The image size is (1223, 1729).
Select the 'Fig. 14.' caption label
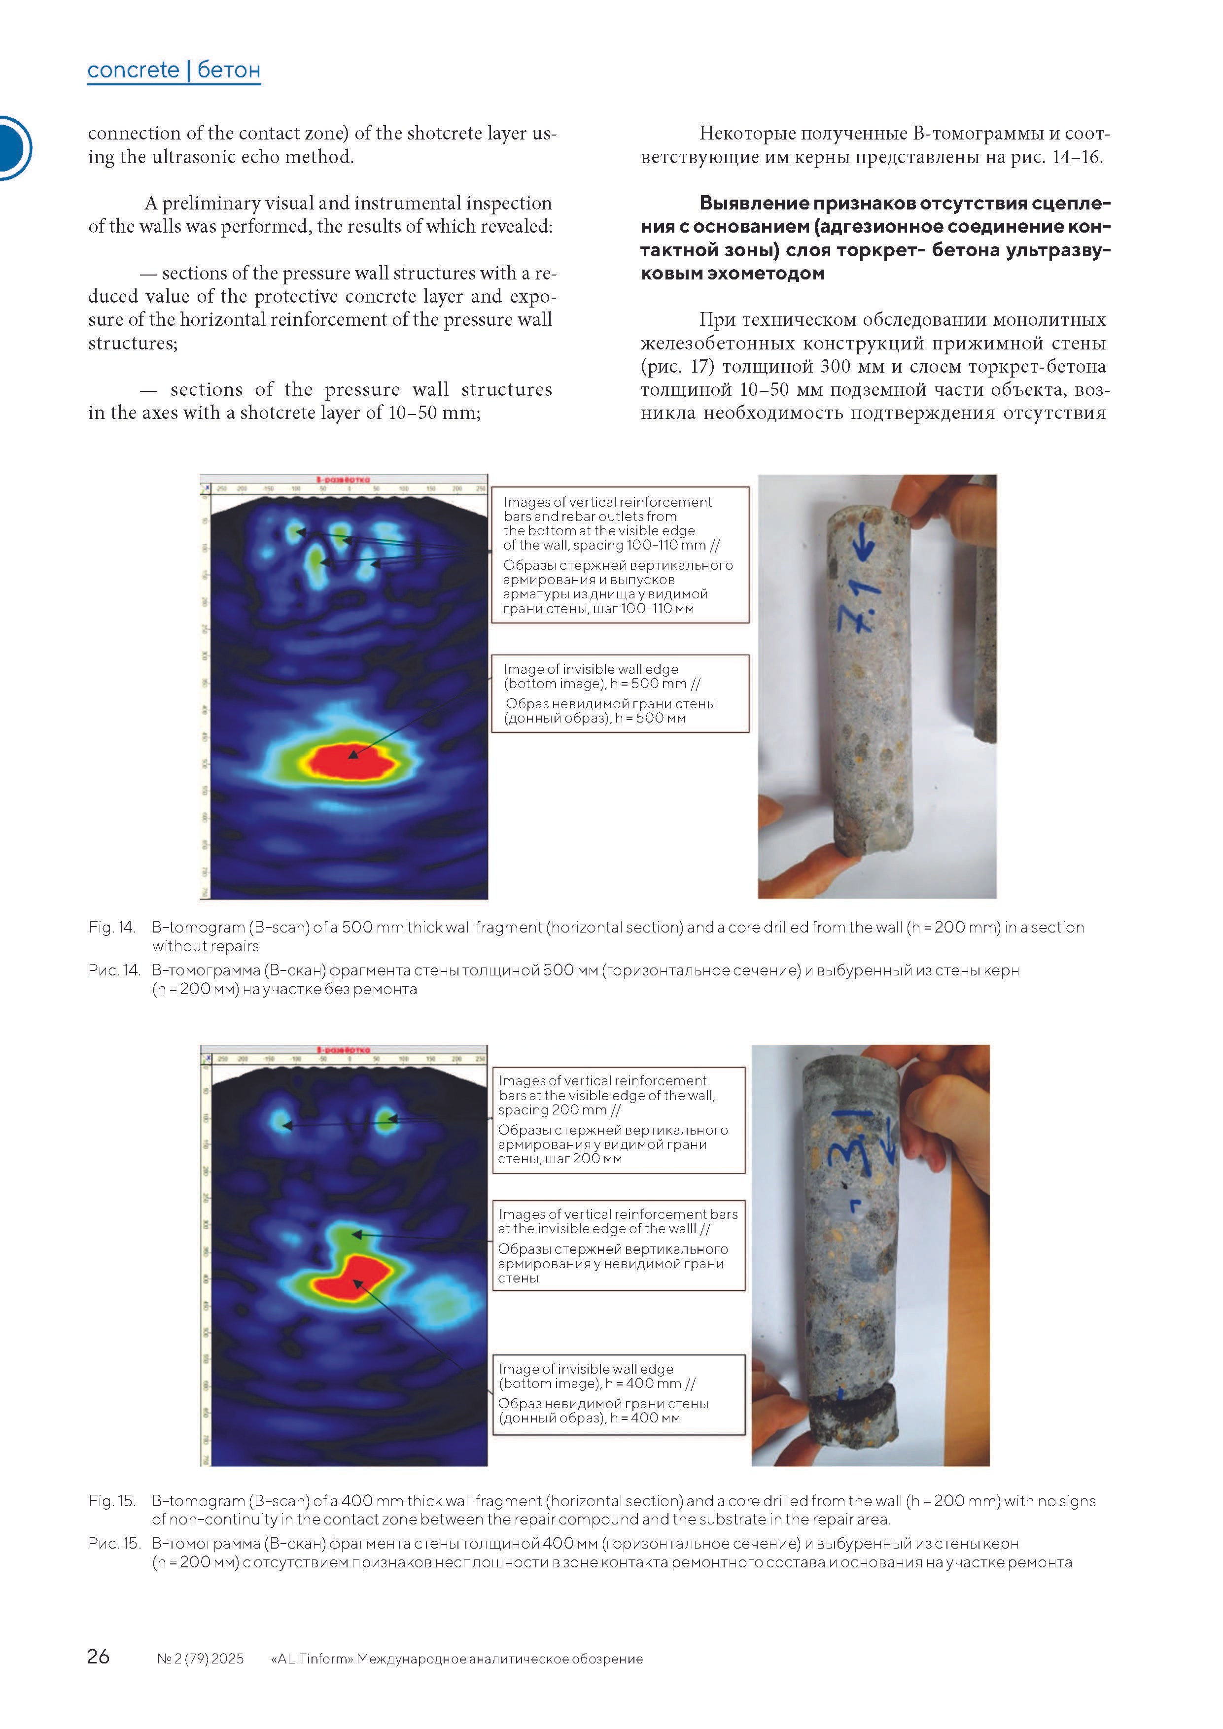(111, 927)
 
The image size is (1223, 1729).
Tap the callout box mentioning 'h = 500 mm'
(620, 693)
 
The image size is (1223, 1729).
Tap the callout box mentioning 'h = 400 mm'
(618, 1395)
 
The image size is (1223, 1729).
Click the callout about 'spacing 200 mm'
(618, 1120)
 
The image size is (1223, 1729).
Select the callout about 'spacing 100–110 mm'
(620, 554)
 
